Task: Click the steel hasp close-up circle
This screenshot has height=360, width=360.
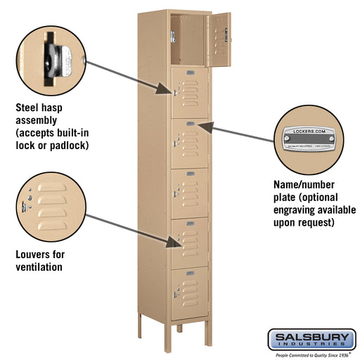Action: tap(53, 56)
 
